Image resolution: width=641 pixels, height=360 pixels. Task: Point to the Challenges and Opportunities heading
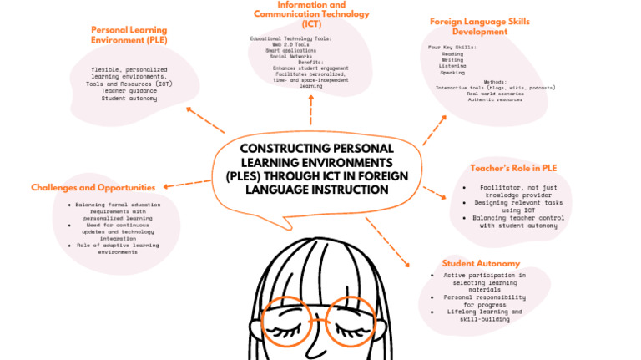point(93,187)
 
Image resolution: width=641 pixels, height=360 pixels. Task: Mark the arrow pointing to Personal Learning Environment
point(204,119)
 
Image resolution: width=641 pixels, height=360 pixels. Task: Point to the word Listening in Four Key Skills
point(452,66)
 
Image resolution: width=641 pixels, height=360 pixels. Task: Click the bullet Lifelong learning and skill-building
point(483,315)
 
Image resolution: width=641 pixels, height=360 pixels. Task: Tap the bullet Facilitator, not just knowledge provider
point(513,191)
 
